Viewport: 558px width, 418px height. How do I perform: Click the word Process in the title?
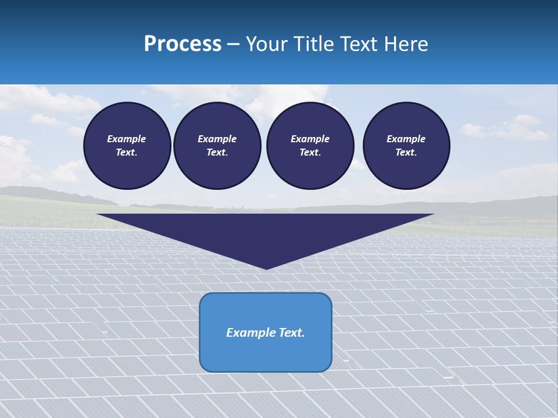[x=183, y=44]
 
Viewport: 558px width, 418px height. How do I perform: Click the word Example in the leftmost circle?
[x=127, y=139]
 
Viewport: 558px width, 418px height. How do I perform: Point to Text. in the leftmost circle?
[x=127, y=152]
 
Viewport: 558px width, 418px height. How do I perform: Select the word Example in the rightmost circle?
[x=406, y=139]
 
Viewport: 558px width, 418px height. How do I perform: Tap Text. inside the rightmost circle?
[x=406, y=152]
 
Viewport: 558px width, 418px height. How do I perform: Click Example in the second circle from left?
[x=217, y=139]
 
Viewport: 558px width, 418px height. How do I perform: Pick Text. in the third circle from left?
[x=310, y=152]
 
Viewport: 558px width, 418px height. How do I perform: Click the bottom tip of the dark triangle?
[x=266, y=268]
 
